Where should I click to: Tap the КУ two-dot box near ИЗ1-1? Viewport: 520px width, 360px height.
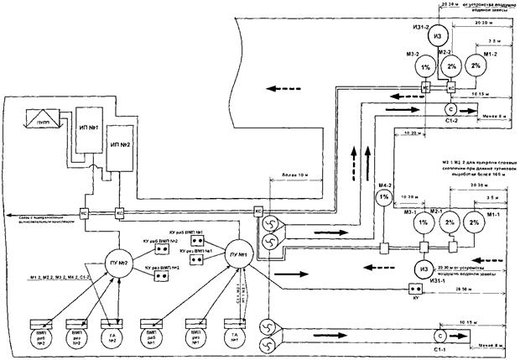coord(413,290)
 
